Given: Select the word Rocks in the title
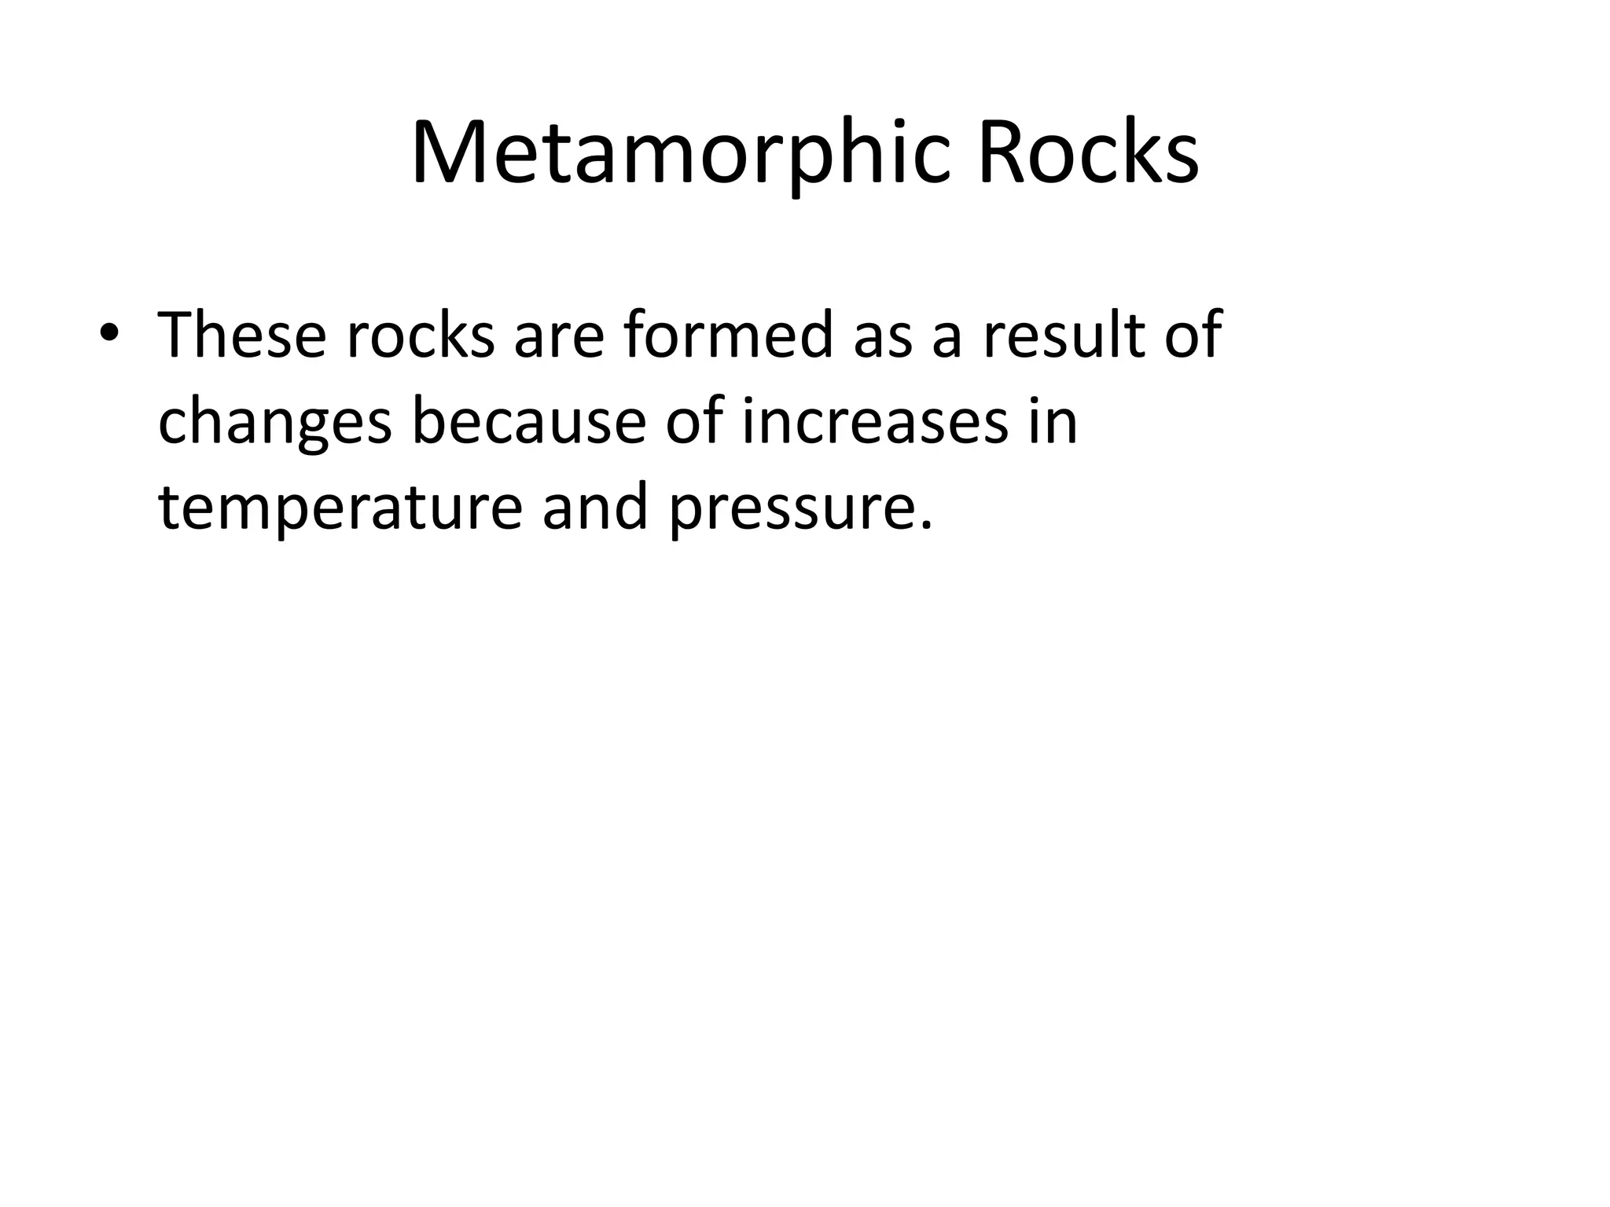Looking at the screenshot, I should [x=1088, y=153].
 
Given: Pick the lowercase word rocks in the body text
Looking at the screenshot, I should [x=421, y=336].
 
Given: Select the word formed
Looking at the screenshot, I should [x=728, y=336].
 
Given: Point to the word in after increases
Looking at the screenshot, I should [x=1053, y=422].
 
